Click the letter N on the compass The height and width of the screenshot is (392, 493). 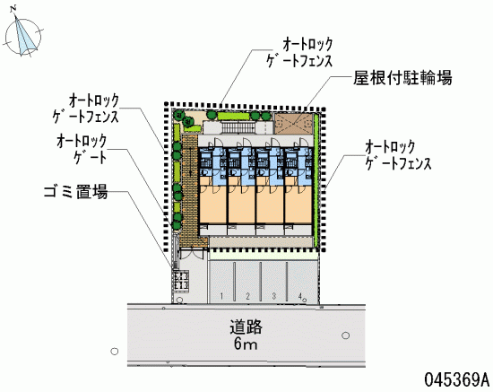point(13,10)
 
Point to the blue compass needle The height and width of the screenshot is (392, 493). point(22,36)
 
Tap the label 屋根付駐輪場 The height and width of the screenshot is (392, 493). point(402,77)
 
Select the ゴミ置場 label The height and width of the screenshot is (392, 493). point(76,192)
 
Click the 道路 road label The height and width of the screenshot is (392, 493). point(246,327)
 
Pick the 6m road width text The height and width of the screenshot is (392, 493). point(246,344)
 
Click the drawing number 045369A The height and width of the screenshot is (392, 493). point(457,379)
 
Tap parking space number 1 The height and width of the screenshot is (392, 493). point(221,296)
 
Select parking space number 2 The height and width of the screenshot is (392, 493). point(247,296)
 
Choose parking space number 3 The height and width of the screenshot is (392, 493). point(274,296)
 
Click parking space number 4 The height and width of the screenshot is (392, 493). point(300,296)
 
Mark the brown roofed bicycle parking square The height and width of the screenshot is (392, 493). point(294,124)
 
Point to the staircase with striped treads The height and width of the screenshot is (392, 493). point(238,127)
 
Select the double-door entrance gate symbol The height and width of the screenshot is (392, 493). point(192,253)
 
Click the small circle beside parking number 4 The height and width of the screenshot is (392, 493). point(305,300)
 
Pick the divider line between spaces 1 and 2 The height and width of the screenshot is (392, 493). point(235,282)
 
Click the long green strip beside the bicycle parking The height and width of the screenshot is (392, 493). point(316,180)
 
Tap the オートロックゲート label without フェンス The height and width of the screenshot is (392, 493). point(82,149)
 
